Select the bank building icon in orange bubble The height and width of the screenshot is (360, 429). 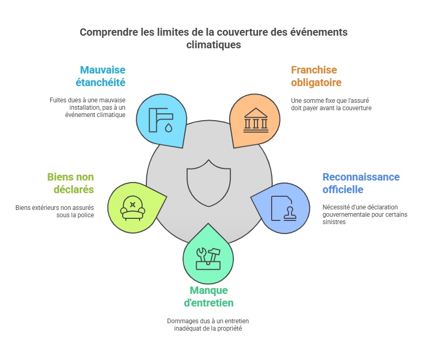(256, 121)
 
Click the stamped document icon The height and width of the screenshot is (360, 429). (282, 207)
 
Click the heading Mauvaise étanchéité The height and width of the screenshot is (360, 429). (103, 76)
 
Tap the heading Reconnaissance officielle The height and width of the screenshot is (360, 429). (361, 183)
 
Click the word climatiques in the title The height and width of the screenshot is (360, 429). (214, 45)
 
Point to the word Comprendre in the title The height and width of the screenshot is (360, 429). (110, 33)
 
